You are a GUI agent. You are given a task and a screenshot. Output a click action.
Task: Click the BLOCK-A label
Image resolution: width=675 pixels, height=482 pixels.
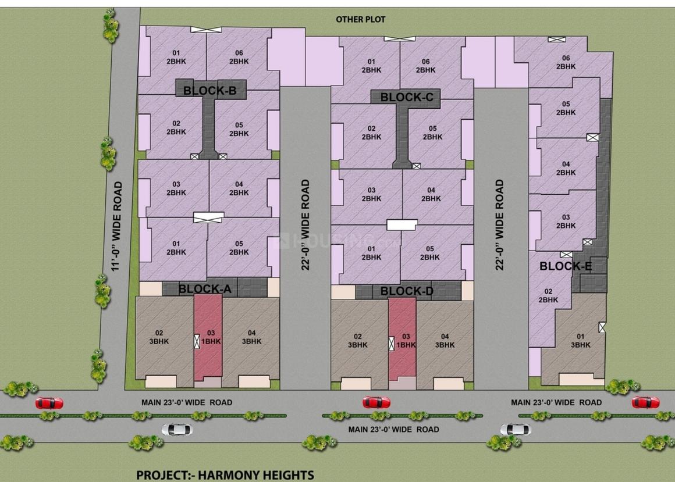coord(205,288)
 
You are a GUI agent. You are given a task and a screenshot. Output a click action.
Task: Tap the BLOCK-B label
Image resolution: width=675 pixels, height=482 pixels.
coord(209,91)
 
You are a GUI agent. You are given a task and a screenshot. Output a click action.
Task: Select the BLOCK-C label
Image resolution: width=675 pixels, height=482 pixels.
coord(407,98)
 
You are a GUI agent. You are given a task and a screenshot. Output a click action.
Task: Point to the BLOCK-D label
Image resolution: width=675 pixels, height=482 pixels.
coord(407,291)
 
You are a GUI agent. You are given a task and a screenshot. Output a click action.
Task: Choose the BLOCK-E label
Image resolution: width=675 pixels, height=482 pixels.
coord(566,267)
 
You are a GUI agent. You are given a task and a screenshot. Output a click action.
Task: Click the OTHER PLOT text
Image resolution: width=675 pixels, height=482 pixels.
coord(360,19)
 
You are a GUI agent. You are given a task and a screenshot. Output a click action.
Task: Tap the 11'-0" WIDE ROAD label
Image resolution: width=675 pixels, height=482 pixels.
coord(118,226)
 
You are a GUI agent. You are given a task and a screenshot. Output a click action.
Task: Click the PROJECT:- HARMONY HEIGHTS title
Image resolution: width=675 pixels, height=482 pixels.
coord(225,474)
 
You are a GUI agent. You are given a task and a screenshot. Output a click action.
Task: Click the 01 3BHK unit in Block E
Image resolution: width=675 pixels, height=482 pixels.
coord(580,340)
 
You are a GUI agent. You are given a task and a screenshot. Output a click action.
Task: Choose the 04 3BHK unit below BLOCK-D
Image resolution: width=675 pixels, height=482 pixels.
coord(445,340)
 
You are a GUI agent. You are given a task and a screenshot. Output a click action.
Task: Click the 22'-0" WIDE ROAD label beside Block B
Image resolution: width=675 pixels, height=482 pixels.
coord(305,225)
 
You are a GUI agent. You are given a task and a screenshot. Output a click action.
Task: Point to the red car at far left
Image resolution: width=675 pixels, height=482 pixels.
coord(49,403)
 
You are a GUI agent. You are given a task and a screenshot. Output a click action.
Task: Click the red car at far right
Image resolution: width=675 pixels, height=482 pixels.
coord(646,402)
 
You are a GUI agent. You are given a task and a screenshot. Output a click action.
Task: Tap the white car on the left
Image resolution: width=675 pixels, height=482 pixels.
coord(176,430)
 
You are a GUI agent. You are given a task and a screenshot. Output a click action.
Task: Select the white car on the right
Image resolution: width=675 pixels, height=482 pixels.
coord(515,430)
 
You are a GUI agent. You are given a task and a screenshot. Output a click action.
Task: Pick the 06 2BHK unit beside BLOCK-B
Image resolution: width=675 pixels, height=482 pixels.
coord(239,56)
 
